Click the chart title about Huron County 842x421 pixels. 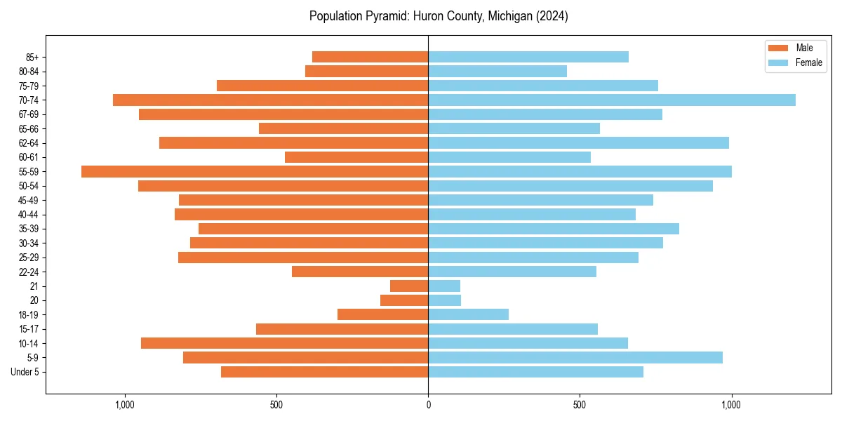pyautogui.click(x=439, y=16)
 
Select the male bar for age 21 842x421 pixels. pyautogui.click(x=409, y=286)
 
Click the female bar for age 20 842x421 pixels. pyautogui.click(x=444, y=300)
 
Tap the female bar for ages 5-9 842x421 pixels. pyautogui.click(x=575, y=358)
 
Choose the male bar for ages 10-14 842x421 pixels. pyautogui.click(x=284, y=343)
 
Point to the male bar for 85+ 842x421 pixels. pyautogui.click(x=370, y=57)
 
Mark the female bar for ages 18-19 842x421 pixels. pyautogui.click(x=468, y=314)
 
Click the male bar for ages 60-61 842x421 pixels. pyautogui.click(x=356, y=157)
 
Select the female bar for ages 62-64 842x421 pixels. pyautogui.click(x=578, y=143)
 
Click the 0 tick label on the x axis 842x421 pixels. pyautogui.click(x=428, y=405)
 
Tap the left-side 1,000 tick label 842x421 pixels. pyautogui.click(x=125, y=405)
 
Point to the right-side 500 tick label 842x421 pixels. pyautogui.click(x=580, y=405)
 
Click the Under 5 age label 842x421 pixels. pyautogui.click(x=25, y=372)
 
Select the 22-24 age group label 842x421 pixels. pyautogui.click(x=29, y=272)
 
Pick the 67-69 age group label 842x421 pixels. pyautogui.click(x=29, y=114)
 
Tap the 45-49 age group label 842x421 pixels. pyautogui.click(x=29, y=200)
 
